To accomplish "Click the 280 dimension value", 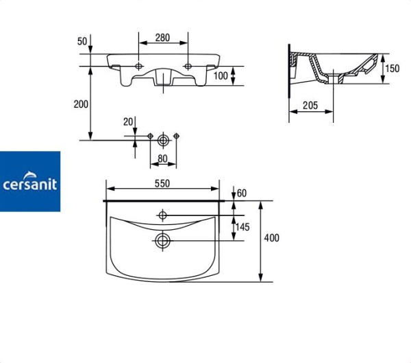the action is (162, 38).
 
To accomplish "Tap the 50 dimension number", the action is (82, 41).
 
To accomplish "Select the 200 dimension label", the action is (81, 104).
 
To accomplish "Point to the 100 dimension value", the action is (221, 76).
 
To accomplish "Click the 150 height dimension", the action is (392, 69).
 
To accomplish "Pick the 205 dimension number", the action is (310, 105).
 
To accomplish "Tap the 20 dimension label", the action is (128, 122).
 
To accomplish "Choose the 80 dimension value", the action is (162, 159).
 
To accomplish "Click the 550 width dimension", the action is (162, 184).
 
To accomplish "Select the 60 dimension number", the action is (242, 194).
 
